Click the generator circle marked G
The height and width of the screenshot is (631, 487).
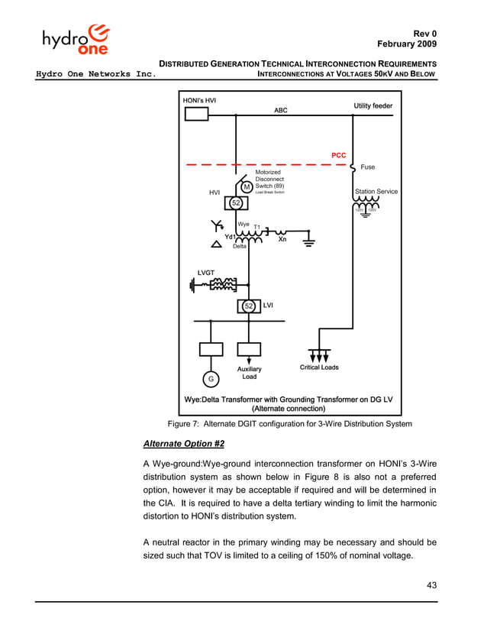tap(210, 379)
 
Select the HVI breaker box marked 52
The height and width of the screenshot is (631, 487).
tap(236, 203)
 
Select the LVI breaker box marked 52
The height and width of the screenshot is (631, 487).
tap(248, 306)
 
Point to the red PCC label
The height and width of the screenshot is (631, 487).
tap(338, 155)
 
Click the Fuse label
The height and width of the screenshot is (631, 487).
tap(367, 167)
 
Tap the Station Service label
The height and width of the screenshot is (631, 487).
tap(376, 191)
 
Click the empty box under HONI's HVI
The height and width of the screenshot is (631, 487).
tap(196, 115)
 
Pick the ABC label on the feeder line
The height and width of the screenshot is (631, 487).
tap(281, 110)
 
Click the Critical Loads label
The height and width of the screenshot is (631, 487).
tap(319, 367)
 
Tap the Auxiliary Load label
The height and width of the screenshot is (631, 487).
tap(249, 373)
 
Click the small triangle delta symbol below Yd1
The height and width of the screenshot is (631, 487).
tap(217, 244)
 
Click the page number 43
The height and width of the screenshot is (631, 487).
tap(430, 586)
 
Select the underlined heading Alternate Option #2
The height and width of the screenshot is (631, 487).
tap(183, 443)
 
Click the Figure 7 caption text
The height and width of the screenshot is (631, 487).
tap(289, 424)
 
